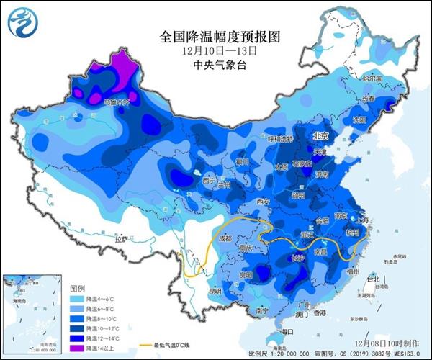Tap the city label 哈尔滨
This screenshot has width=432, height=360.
tap(374, 78)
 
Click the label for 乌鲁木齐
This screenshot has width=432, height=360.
tap(117, 102)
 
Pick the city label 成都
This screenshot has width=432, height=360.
tap(226, 238)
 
